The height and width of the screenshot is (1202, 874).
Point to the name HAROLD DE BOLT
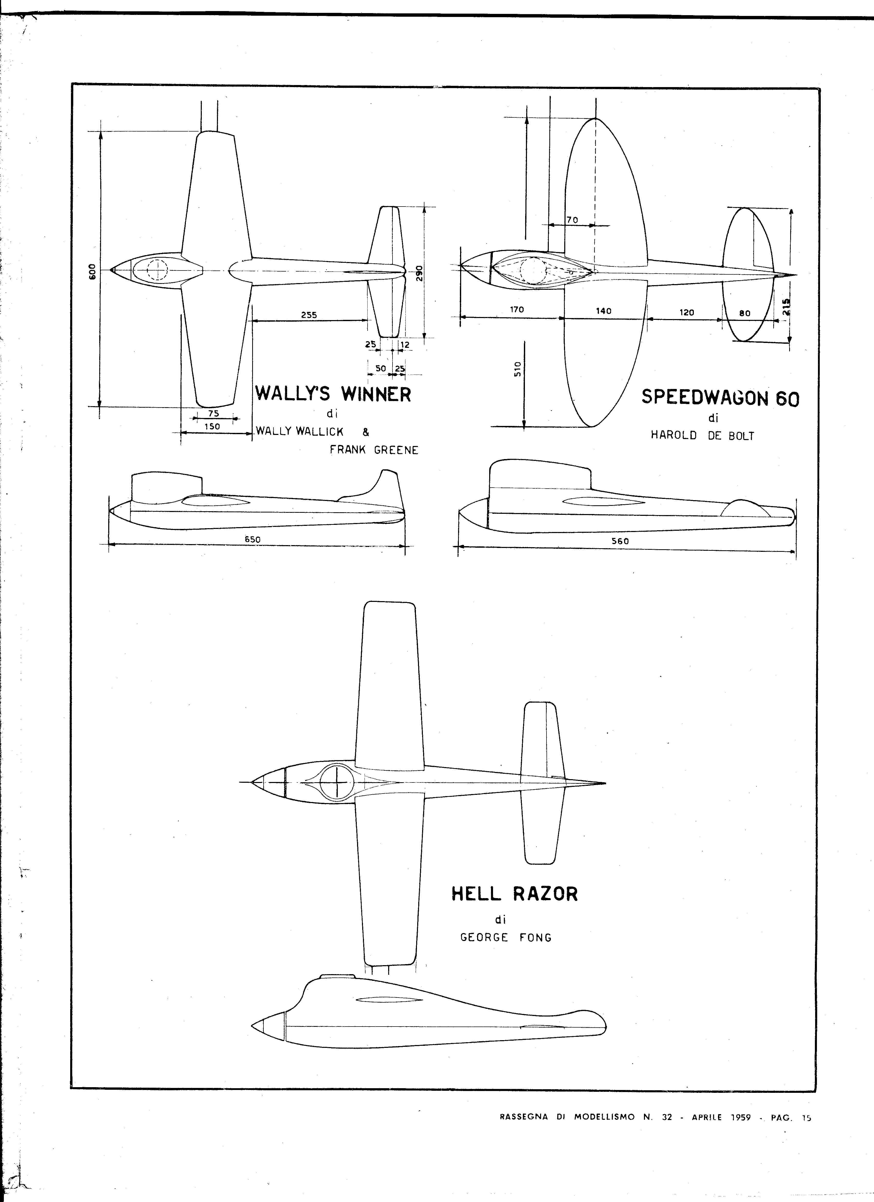(x=702, y=437)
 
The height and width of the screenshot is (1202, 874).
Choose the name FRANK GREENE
(x=374, y=450)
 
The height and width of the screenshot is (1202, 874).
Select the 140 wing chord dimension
(x=604, y=311)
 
